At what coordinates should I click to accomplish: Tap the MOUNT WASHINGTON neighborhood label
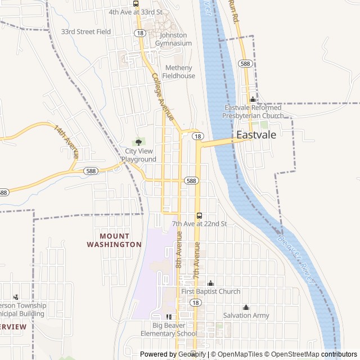(114, 240)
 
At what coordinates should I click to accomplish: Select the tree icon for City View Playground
(139, 142)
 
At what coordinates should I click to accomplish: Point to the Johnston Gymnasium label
(173, 39)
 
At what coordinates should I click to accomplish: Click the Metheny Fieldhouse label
(179, 72)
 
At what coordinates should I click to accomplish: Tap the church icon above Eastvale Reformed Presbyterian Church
(253, 100)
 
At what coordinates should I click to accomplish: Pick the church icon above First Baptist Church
(211, 283)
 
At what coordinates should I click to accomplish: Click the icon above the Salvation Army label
(246, 307)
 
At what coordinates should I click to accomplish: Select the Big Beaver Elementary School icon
(169, 317)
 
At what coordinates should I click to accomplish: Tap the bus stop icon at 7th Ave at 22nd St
(199, 215)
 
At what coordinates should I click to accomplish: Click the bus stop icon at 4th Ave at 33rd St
(136, 3)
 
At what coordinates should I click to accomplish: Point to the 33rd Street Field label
(86, 32)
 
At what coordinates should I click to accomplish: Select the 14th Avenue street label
(66, 141)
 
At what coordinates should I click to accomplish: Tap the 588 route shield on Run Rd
(245, 64)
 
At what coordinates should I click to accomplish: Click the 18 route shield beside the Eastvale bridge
(197, 136)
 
